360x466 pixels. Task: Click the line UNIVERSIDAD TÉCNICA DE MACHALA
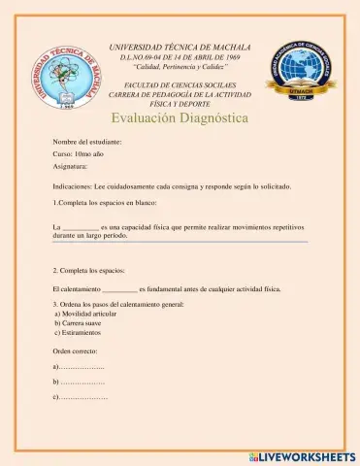180,47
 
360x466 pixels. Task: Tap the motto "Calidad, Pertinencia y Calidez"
180,68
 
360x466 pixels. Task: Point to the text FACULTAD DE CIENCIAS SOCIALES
180,85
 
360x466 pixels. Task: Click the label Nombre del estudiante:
87,142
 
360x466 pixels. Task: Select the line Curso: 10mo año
79,154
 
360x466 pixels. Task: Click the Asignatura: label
74,167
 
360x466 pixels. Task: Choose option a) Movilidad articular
89,316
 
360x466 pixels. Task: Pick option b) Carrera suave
81,324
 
